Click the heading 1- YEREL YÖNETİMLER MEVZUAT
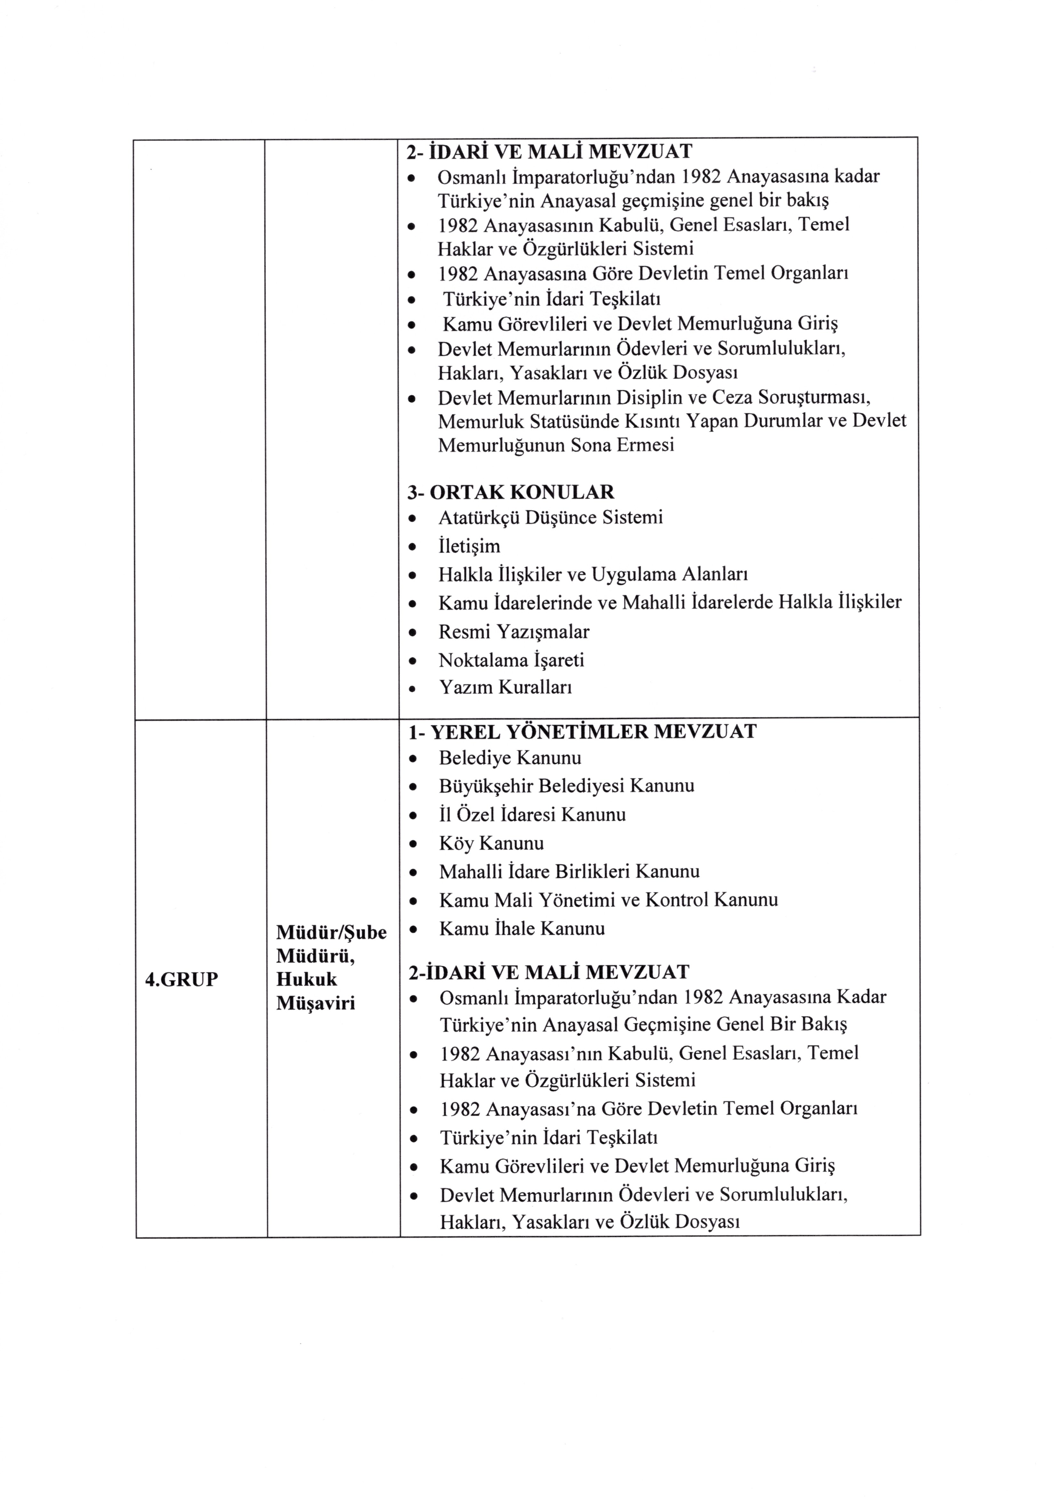tap(582, 731)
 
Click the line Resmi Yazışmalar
tap(514, 631)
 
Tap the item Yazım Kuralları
tap(505, 687)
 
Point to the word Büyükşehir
tap(486, 786)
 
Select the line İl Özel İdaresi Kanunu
tap(532, 814)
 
